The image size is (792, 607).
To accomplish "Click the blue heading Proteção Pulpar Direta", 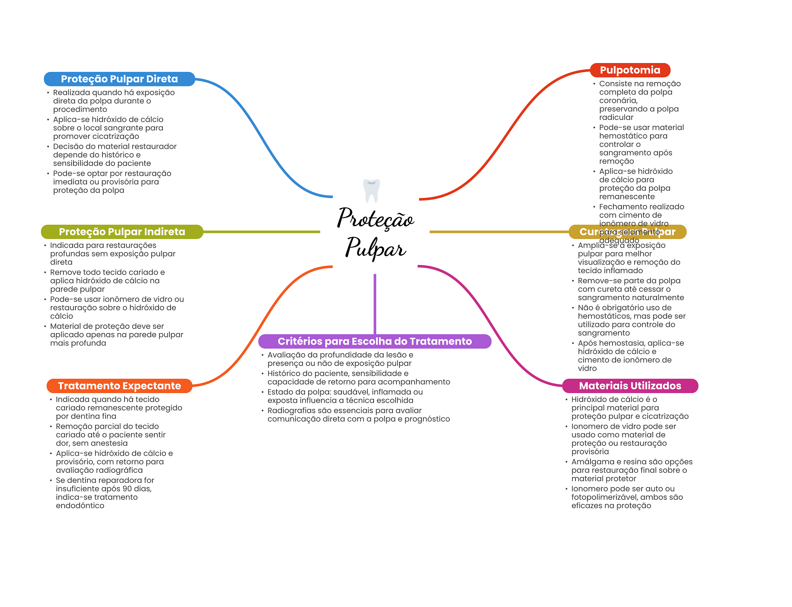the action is tap(119, 79).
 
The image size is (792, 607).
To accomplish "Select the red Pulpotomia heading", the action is tap(630, 70).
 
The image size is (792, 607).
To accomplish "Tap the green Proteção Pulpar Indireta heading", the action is tap(122, 232).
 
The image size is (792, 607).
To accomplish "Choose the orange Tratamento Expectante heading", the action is tap(119, 386).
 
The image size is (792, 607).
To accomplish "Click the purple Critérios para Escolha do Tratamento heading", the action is tap(374, 341).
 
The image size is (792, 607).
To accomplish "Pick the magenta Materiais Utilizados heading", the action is tap(630, 386).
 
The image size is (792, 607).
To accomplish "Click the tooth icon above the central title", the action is tap(372, 190).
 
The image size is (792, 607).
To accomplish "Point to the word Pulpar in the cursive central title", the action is tap(376, 248).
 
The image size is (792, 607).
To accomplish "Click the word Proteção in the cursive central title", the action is tap(376, 218).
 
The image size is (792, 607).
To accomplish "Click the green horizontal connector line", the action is tap(261, 232).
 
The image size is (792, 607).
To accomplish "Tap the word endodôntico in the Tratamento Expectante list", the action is tap(80, 506).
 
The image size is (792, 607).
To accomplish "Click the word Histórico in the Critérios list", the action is tap(284, 373).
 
